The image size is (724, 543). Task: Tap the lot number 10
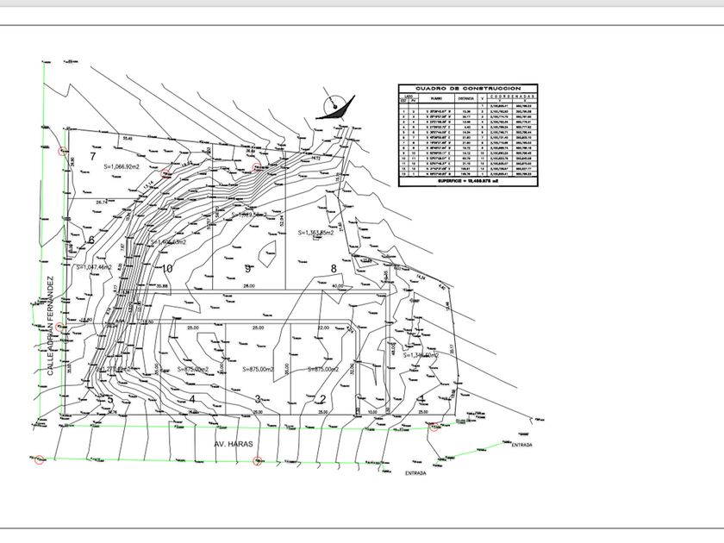click(166, 268)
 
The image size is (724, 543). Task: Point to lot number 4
click(192, 398)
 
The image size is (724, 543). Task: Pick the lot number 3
click(257, 398)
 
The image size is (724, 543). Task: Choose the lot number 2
click(321, 398)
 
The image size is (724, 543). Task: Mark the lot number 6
click(90, 240)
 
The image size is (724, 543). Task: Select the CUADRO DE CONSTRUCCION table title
click(467, 88)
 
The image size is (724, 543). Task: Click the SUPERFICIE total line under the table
click(467, 182)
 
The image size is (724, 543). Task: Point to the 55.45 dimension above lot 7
click(128, 138)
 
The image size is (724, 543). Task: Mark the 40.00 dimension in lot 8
click(337, 285)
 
